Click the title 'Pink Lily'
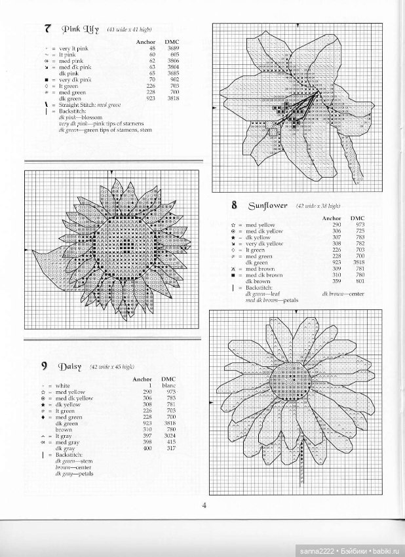81,29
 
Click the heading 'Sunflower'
267,205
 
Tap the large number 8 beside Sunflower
234,205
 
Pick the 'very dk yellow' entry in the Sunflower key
264,243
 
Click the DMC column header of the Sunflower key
358,218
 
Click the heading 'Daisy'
69,366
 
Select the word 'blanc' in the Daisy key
169,385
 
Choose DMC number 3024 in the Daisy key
169,436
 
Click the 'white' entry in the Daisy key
63,386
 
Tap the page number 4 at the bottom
204,505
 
